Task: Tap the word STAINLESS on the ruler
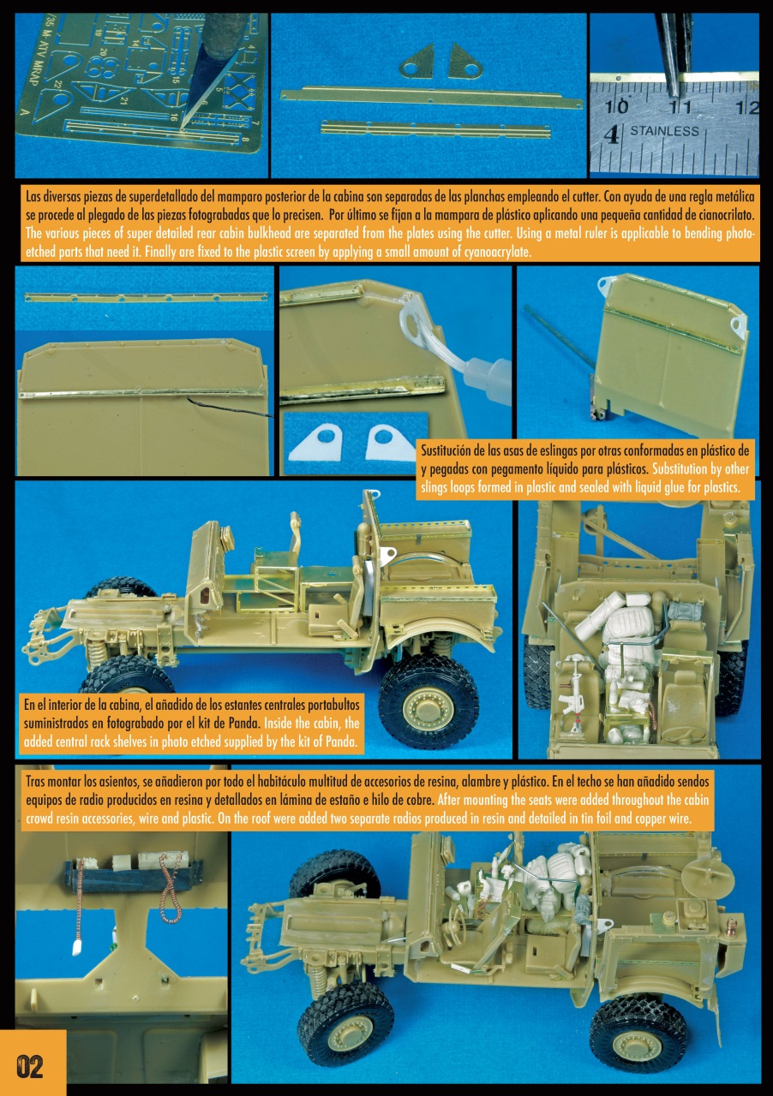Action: tap(664, 131)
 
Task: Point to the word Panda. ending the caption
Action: tap(340, 742)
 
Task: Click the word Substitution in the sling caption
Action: tap(680, 468)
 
